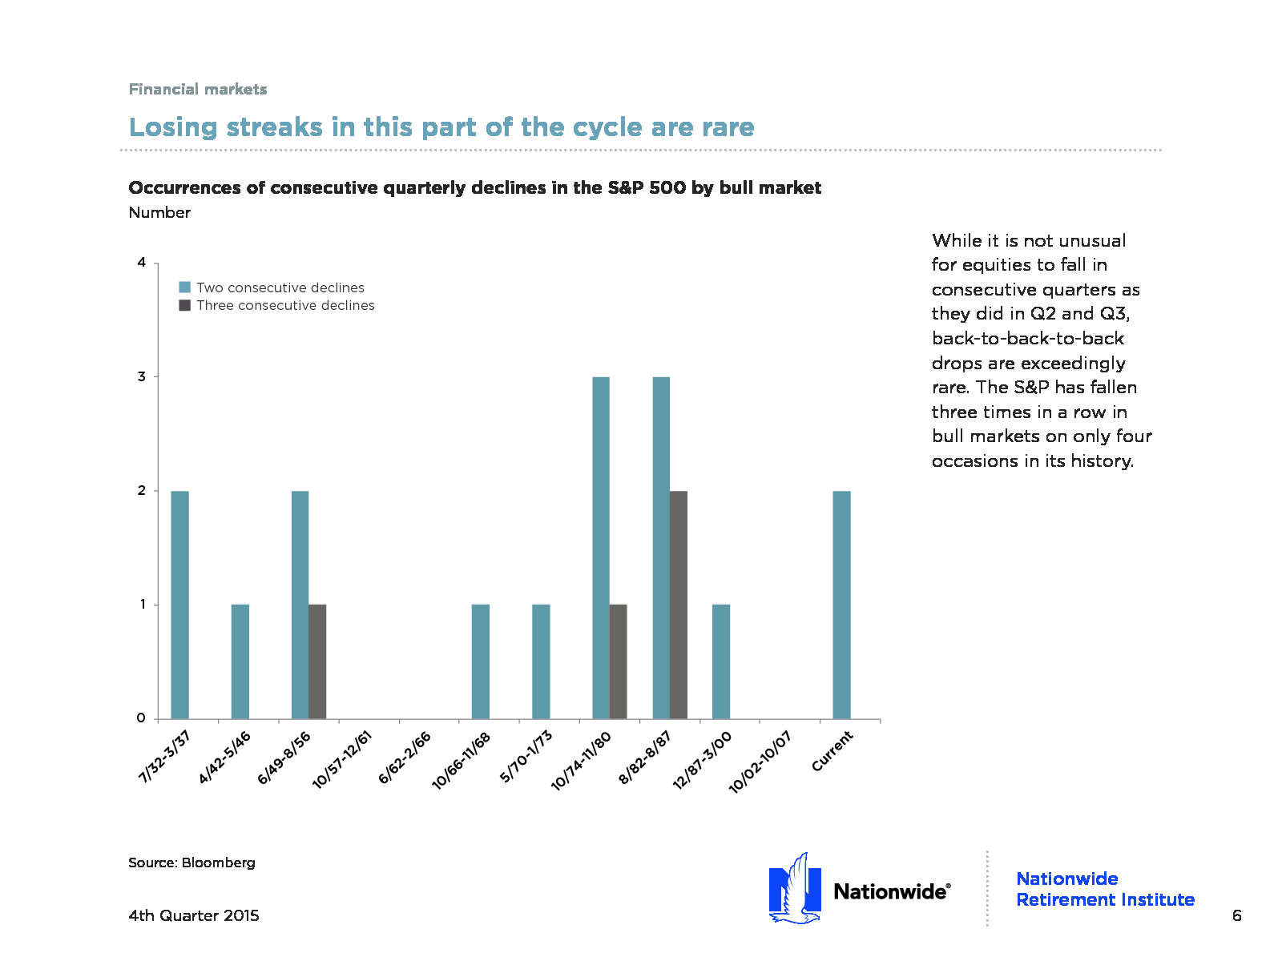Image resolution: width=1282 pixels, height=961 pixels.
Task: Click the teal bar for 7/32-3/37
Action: (180, 605)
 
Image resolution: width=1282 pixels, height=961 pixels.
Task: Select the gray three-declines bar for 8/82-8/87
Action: (679, 605)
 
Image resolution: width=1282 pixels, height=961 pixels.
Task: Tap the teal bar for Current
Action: (841, 605)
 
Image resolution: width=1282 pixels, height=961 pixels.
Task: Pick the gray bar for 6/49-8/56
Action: (317, 661)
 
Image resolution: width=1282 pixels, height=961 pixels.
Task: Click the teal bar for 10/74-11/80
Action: (601, 548)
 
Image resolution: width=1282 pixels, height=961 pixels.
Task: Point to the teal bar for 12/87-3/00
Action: (721, 661)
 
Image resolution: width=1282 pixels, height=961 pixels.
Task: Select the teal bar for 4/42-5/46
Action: (240, 661)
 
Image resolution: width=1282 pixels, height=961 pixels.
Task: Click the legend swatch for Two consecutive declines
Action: (185, 287)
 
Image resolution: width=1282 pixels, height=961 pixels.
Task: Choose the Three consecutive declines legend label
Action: (285, 305)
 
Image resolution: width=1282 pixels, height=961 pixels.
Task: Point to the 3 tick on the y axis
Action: (142, 376)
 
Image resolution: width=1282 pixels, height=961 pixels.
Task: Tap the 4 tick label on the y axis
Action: (142, 263)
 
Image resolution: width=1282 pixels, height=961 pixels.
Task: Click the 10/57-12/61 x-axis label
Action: (343, 759)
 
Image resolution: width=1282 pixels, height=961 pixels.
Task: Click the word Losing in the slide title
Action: (173, 127)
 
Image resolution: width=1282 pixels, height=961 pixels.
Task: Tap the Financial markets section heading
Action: (198, 89)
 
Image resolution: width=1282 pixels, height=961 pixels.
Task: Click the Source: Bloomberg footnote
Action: (191, 862)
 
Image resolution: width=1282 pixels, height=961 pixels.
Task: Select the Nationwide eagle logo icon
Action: (795, 889)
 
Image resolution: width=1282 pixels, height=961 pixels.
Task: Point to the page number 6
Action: (1236, 915)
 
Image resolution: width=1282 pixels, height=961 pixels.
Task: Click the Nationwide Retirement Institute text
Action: (1105, 889)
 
